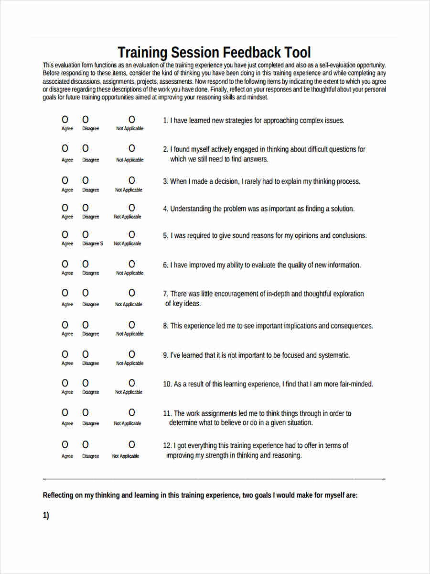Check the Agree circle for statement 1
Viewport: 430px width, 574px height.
(x=65, y=120)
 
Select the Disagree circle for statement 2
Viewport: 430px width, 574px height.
(x=86, y=148)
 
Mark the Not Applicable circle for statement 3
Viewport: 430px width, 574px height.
(x=132, y=180)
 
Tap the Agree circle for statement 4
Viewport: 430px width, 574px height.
(x=65, y=208)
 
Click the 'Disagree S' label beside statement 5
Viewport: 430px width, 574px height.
(x=92, y=243)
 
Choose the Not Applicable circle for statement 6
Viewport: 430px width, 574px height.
(x=132, y=264)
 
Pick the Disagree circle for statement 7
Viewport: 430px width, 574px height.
(x=86, y=293)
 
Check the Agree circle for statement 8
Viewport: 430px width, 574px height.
(x=65, y=325)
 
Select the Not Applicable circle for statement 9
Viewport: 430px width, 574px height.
(x=132, y=354)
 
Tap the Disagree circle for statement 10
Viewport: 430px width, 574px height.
(x=86, y=383)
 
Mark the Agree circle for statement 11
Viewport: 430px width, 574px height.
(x=65, y=412)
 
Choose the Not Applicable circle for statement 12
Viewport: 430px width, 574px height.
(x=132, y=444)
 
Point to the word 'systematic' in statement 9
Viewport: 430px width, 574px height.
(x=334, y=355)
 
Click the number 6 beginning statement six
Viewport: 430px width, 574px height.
(x=165, y=265)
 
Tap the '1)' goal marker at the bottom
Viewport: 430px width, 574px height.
(x=46, y=516)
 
